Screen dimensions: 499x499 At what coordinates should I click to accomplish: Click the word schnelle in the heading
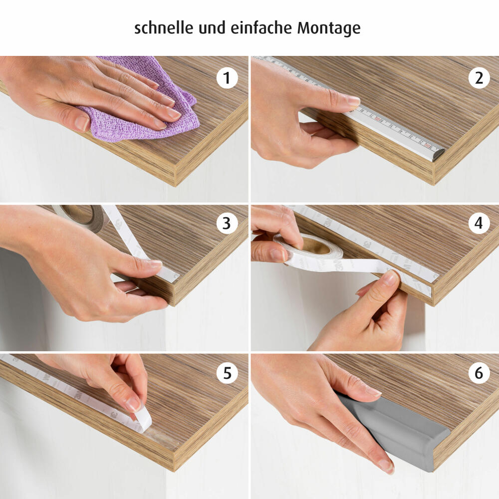tap(164, 27)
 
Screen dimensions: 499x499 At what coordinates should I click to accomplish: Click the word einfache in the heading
tap(261, 27)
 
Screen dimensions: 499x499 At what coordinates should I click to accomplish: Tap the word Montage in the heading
tap(329, 28)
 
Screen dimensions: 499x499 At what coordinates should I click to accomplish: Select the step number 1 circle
tap(227, 78)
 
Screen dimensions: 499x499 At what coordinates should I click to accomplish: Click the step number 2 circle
tap(479, 78)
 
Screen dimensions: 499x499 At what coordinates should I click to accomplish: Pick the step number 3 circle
tap(227, 223)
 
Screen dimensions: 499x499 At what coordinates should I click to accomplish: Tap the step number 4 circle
tap(479, 223)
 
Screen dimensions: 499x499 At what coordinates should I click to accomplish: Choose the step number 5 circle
tap(227, 373)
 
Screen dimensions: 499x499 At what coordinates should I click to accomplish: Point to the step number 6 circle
tap(479, 373)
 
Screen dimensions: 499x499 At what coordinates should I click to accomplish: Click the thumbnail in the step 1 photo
tap(82, 123)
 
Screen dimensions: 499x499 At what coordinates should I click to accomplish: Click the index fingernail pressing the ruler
tap(353, 101)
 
